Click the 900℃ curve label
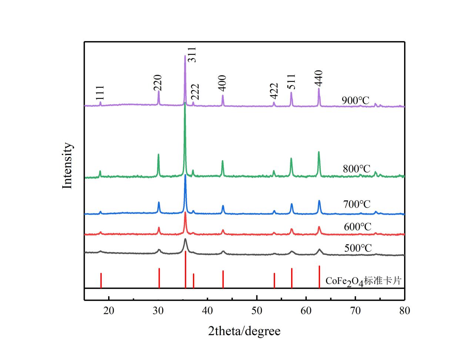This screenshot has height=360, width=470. pos(356,100)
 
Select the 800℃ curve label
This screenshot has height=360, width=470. pos(356,169)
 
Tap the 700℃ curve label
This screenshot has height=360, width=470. pos(357,204)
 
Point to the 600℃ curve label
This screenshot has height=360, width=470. pos(357,227)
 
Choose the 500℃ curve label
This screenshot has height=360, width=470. pos(358,248)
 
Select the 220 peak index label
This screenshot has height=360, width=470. pos(158,83)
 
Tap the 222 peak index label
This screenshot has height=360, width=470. pos(195,92)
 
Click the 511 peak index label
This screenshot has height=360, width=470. pos(291,82)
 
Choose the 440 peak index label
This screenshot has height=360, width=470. pos(319,78)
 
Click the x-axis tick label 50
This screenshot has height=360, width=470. pos(257,311)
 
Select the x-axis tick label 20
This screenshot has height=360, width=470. pos(109,311)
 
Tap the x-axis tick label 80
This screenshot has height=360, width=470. pos(405,311)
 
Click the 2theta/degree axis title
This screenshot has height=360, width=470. pos(244,331)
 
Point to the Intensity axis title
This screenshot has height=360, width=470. pos(67,166)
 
